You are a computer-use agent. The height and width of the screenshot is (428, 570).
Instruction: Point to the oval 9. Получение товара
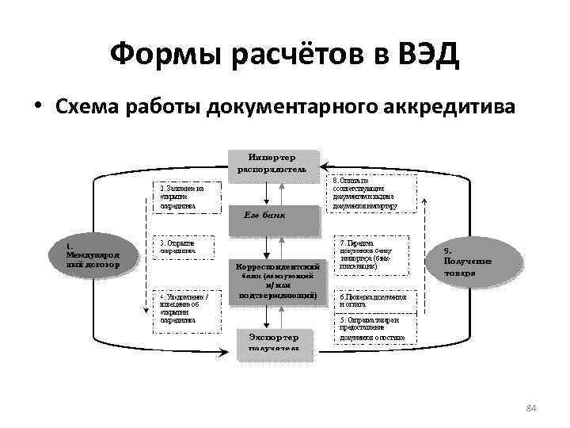point(468,260)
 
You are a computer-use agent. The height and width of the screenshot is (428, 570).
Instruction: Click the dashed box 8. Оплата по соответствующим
point(365,193)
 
